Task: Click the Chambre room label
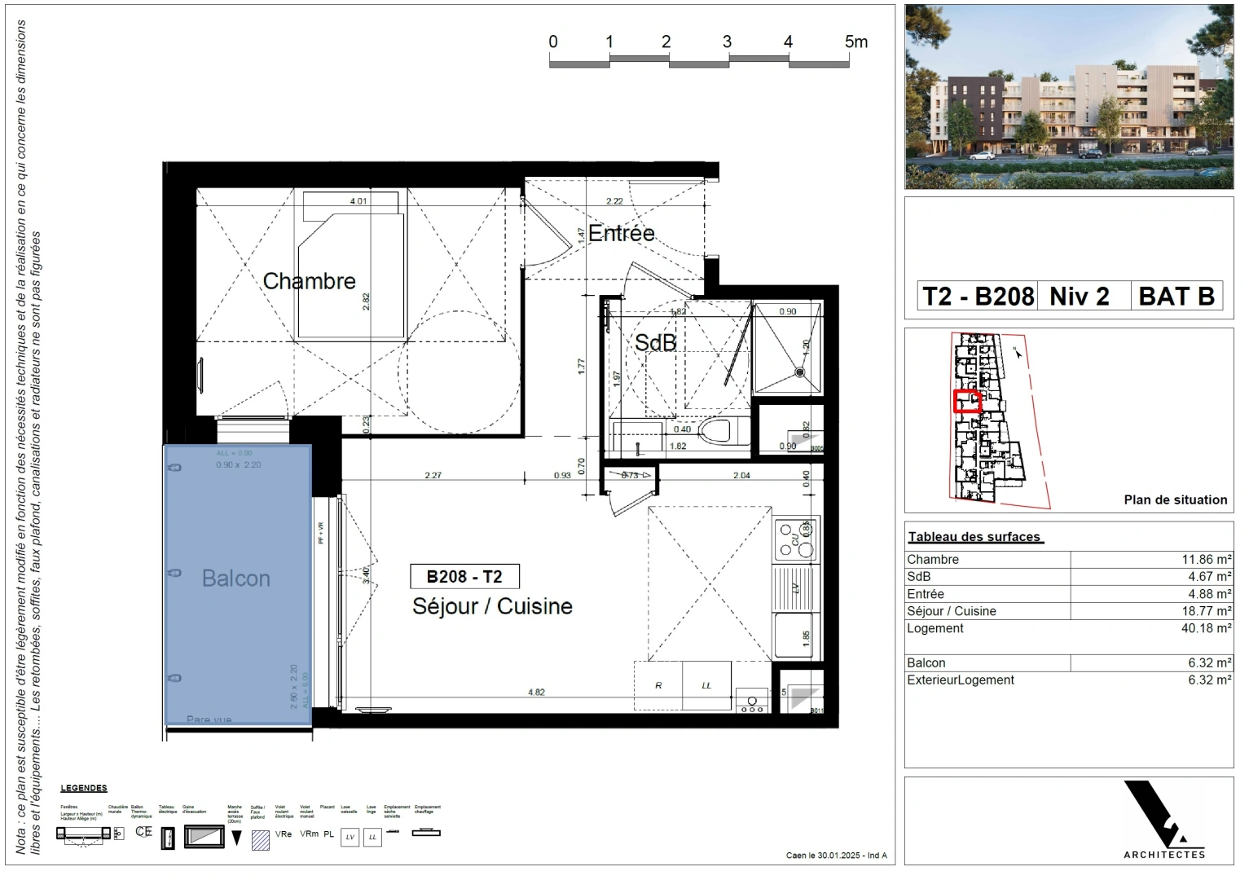309,281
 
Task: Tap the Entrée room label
621,233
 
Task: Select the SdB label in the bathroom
655,343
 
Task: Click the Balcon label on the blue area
235,579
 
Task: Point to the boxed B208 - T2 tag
464,577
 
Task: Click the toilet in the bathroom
715,430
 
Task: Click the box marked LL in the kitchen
706,685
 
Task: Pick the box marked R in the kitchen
658,685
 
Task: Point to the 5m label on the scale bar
855,42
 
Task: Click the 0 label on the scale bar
553,42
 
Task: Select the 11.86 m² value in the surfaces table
1206,560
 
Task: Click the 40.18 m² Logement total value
1206,628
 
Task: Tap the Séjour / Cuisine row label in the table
951,611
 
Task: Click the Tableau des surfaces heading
974,537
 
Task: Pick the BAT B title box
1176,296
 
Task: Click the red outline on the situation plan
967,401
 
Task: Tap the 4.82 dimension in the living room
536,693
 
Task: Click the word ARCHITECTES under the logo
1164,854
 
